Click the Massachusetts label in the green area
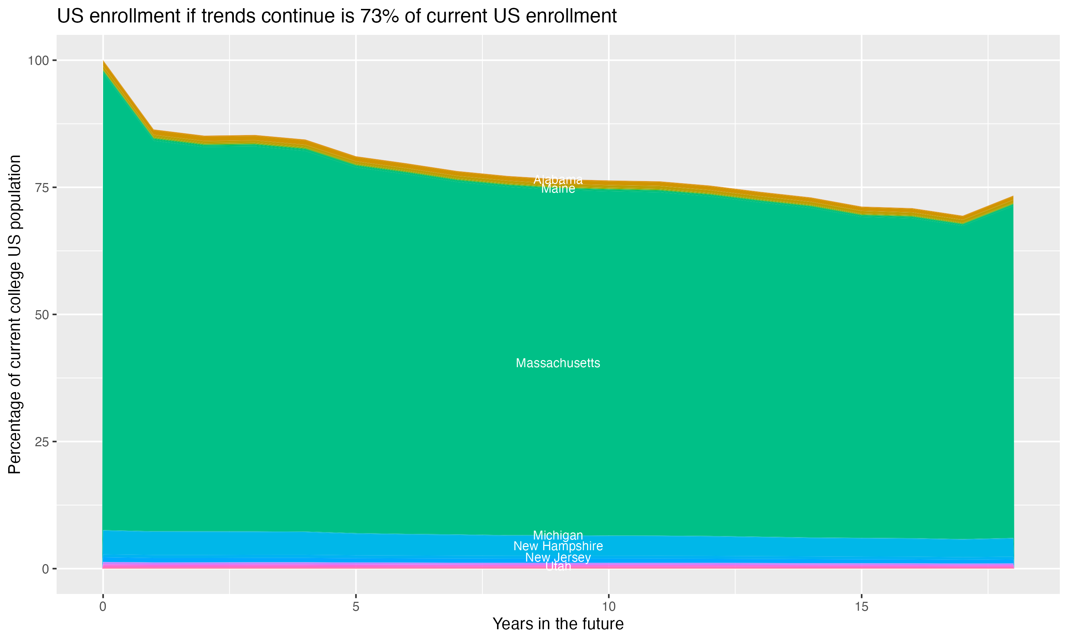click(558, 363)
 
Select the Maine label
click(558, 189)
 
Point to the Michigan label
click(558, 535)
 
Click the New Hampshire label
click(558, 546)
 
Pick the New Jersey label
click(558, 557)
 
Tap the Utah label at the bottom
click(558, 566)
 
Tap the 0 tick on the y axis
click(45, 569)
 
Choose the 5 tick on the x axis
click(356, 607)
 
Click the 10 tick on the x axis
click(608, 607)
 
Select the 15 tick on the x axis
click(861, 607)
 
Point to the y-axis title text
click(15, 314)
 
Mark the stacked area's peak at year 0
click(103, 62)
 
